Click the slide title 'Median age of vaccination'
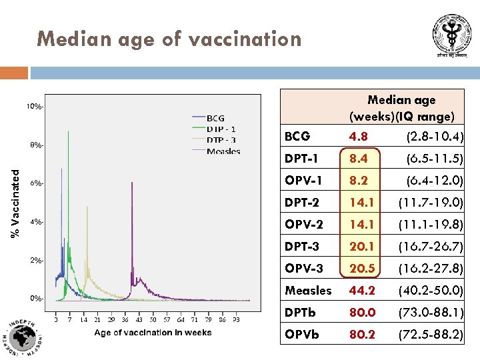[169, 39]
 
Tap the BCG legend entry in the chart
[215, 118]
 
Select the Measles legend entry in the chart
[223, 151]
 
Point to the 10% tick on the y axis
[35, 107]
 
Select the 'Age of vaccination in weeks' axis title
[153, 333]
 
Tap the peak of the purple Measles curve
[132, 184]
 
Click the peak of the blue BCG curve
[62, 169]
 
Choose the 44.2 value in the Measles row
[362, 291]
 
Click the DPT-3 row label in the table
[302, 247]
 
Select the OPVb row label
[301, 335]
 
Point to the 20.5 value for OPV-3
[362, 269]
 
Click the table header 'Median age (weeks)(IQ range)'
[401, 108]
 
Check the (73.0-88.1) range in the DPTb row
[431, 313]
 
